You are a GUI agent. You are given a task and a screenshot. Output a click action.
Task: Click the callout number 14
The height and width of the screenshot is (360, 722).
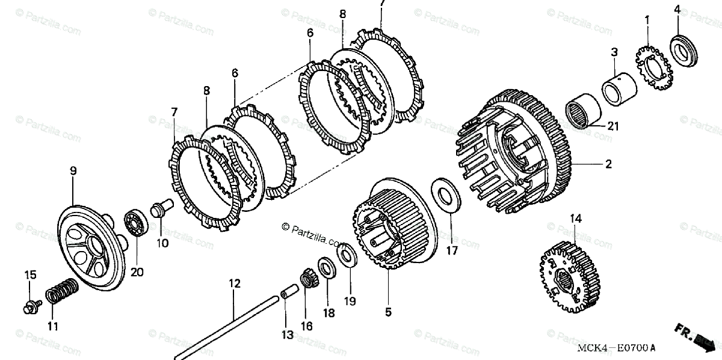[576, 219]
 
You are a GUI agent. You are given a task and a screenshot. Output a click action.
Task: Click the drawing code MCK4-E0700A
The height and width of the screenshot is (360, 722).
[616, 348]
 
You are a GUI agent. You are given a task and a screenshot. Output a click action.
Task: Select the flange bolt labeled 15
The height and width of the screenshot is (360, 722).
[30, 306]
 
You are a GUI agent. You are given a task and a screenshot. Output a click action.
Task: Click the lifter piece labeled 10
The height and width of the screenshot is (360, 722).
[161, 209]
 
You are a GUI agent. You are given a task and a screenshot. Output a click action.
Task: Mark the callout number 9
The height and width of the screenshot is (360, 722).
[73, 171]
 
